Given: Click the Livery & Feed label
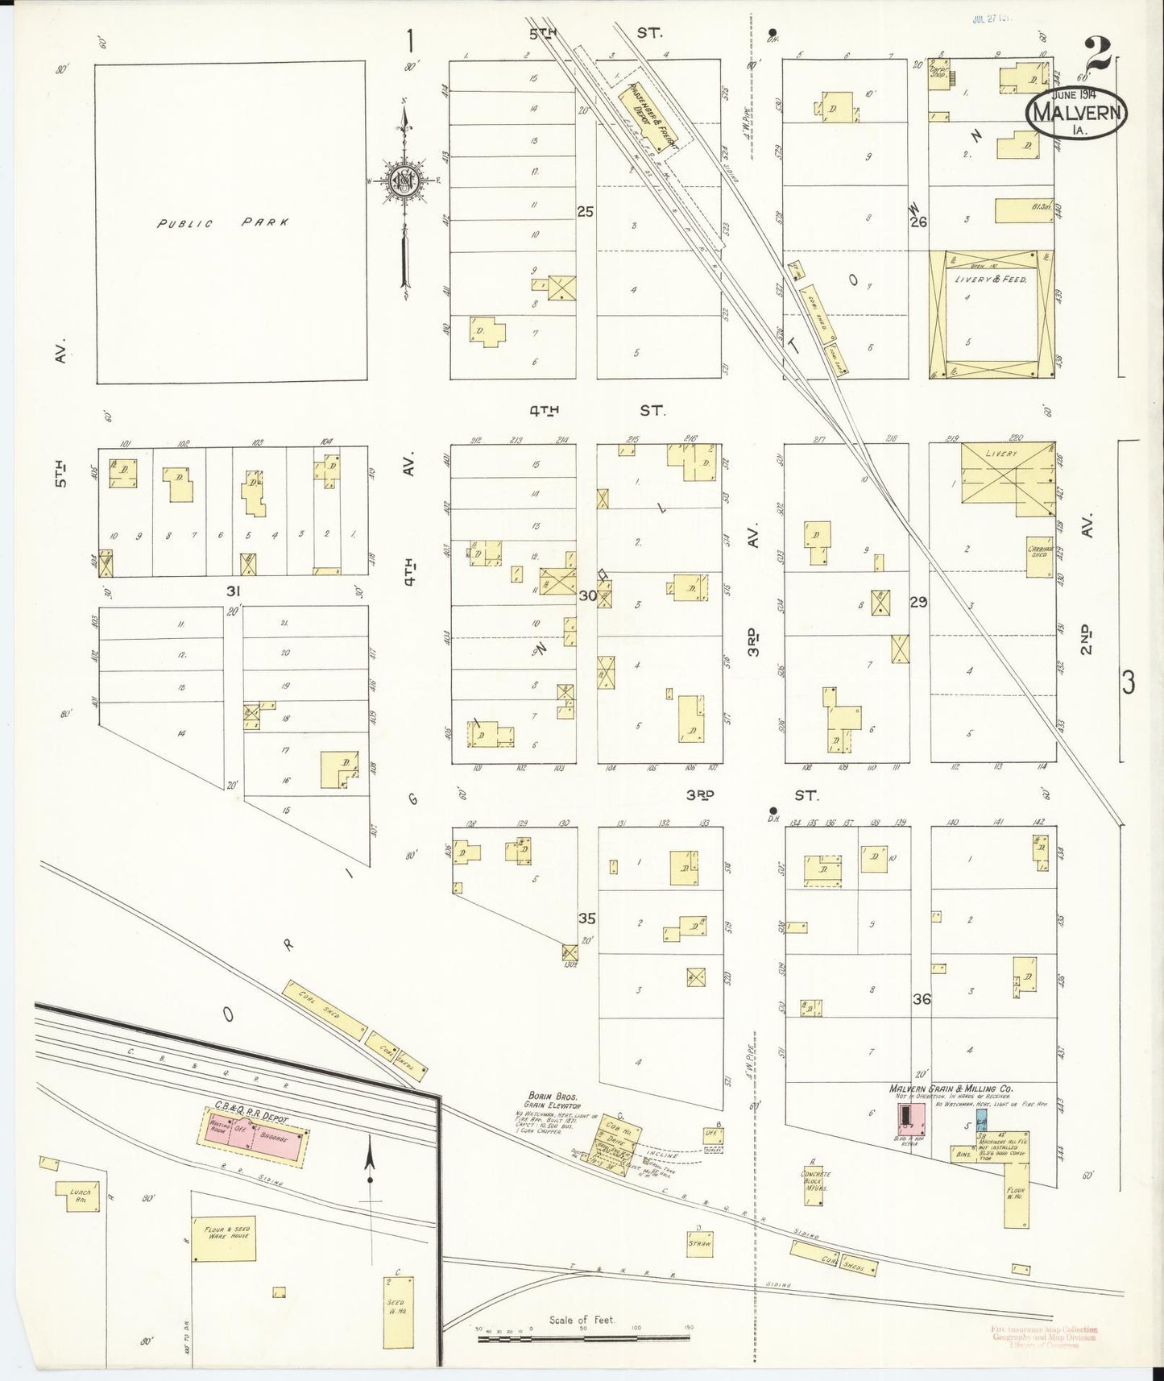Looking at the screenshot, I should [x=992, y=279].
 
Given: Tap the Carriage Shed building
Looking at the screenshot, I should [x=1040, y=556].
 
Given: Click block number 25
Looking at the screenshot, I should [x=585, y=212].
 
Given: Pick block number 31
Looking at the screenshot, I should [x=234, y=591].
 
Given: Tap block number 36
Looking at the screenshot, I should [x=922, y=998].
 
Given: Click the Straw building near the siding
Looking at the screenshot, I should [x=699, y=1242].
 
